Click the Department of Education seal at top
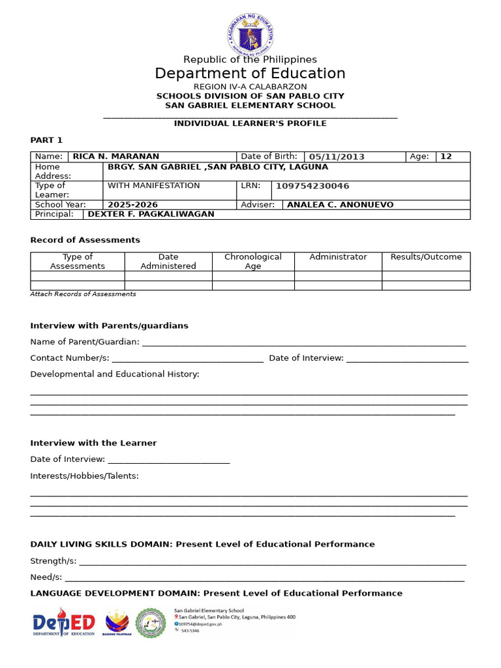click(x=250, y=31)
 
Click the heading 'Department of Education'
click(x=250, y=73)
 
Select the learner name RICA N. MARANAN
click(x=115, y=157)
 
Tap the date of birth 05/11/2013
click(x=337, y=157)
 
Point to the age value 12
click(x=446, y=157)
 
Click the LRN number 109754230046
click(x=308, y=186)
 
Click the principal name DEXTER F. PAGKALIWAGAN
click(x=151, y=214)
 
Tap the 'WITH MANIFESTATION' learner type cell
click(x=153, y=186)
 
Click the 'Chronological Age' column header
click(x=253, y=261)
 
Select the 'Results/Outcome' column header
click(x=426, y=257)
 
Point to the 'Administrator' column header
click(x=338, y=257)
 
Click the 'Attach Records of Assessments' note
click(x=83, y=294)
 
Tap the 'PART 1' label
click(x=46, y=140)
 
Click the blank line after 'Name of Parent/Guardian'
click(x=303, y=342)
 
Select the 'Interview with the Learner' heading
click(x=93, y=443)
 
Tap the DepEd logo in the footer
click(x=64, y=622)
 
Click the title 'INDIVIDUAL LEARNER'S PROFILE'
click(x=250, y=123)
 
